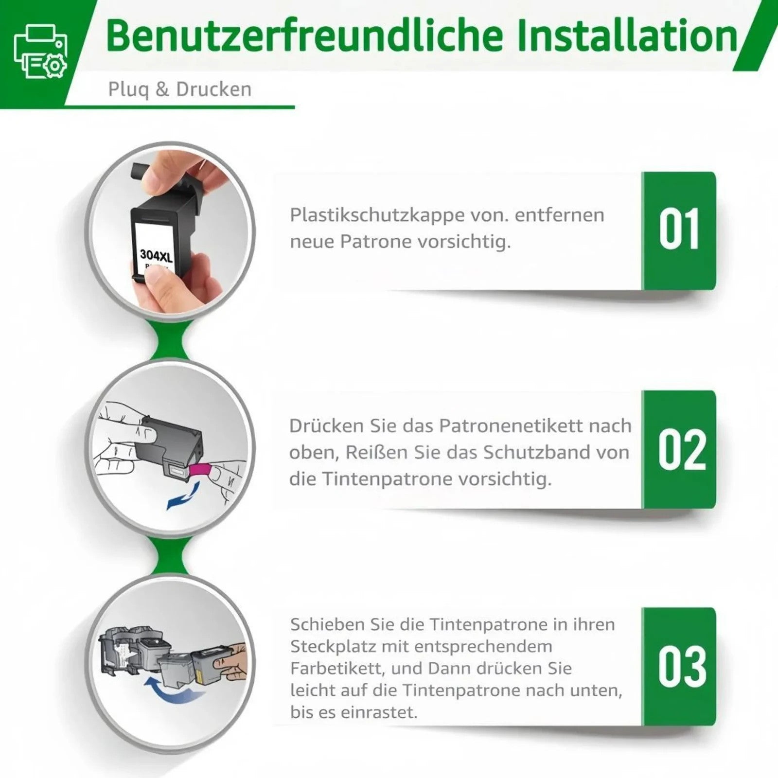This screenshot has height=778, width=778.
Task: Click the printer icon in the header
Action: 40,52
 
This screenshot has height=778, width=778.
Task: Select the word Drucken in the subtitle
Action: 213,89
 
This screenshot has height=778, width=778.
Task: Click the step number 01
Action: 679,230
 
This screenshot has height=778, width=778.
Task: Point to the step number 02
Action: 682,449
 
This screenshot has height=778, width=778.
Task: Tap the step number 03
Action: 682,667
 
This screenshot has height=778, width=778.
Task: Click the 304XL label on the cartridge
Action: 156,254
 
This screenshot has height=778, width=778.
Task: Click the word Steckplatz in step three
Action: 333,647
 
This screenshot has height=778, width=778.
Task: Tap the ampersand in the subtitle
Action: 162,90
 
